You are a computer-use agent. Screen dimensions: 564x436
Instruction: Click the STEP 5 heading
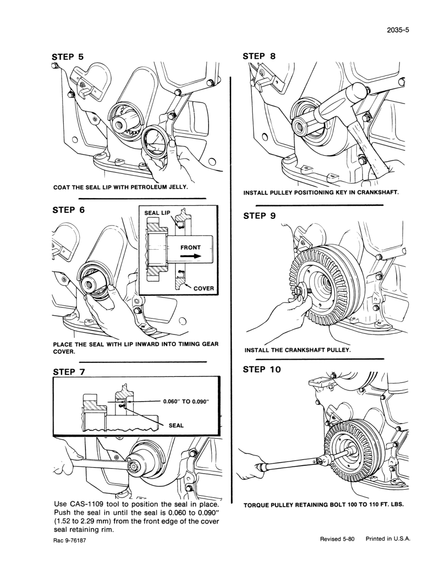67,57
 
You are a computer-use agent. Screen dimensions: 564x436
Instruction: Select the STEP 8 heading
259,56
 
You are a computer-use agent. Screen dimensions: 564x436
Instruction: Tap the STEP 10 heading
262,369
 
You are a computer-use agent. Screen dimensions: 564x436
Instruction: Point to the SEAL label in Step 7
176,425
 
